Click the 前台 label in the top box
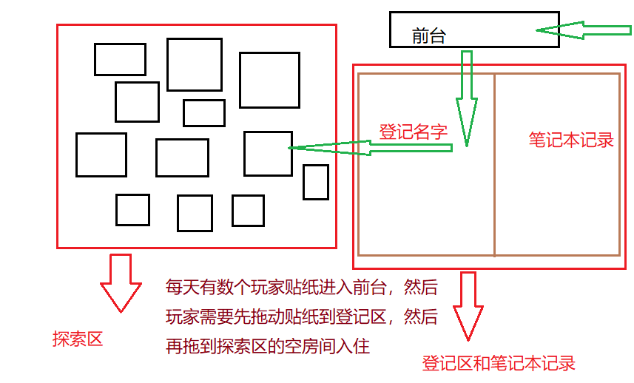pos(428,36)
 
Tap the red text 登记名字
pos(414,132)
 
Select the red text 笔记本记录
pos(571,140)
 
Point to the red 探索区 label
pos(78,339)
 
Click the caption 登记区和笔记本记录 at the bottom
pos(499,363)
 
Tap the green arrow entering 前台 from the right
pos(584,30)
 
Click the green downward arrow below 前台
pos(467,98)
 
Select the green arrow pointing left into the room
pos(370,148)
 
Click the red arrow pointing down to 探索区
pos(121,283)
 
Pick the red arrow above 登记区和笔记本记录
pos(468,306)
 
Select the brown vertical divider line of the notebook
pos(494,165)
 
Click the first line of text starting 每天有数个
pos(302,287)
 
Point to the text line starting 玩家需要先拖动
pos(302,316)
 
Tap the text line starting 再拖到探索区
pos(268,346)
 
